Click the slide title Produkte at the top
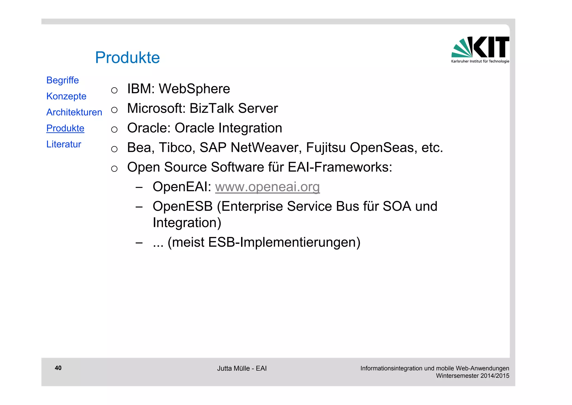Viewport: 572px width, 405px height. point(127,58)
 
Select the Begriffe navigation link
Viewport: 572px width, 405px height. point(63,80)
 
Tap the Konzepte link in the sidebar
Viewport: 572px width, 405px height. point(66,96)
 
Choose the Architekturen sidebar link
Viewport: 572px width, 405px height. point(74,112)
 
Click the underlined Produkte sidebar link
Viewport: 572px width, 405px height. point(65,128)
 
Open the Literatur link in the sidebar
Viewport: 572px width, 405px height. point(64,144)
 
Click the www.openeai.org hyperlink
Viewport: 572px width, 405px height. point(267,187)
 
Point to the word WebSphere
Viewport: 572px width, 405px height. point(194,89)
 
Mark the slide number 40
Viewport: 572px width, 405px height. point(58,368)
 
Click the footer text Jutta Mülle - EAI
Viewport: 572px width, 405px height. point(242,369)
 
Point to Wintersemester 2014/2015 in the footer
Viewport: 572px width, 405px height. point(473,376)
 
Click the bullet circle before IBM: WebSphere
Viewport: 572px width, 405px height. point(114,90)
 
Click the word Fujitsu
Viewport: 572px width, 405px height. point(326,148)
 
